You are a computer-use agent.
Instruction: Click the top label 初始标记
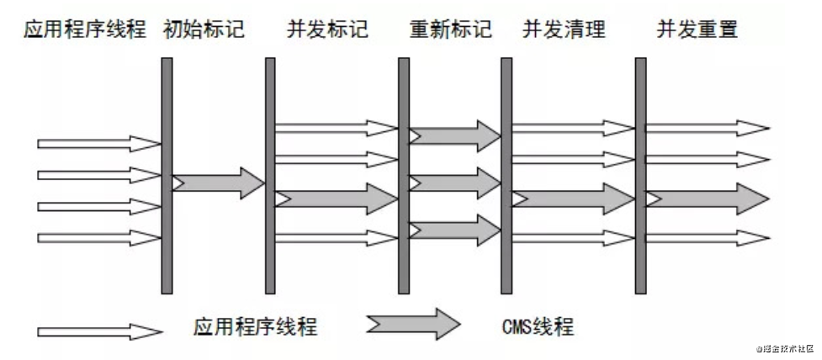(205, 32)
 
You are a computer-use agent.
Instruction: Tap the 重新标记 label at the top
(451, 32)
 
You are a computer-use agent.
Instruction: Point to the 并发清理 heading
(564, 32)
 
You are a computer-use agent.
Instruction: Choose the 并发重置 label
(697, 32)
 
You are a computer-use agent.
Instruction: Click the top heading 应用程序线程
(85, 32)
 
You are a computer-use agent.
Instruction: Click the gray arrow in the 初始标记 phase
(219, 183)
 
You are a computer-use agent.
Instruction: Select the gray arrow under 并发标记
(337, 199)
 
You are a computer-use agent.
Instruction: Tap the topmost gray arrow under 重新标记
(454, 135)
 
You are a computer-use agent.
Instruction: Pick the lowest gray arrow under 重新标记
(454, 229)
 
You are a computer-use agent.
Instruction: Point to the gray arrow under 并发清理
(572, 199)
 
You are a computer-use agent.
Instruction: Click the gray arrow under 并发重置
(707, 199)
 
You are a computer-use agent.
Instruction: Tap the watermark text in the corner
(783, 347)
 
